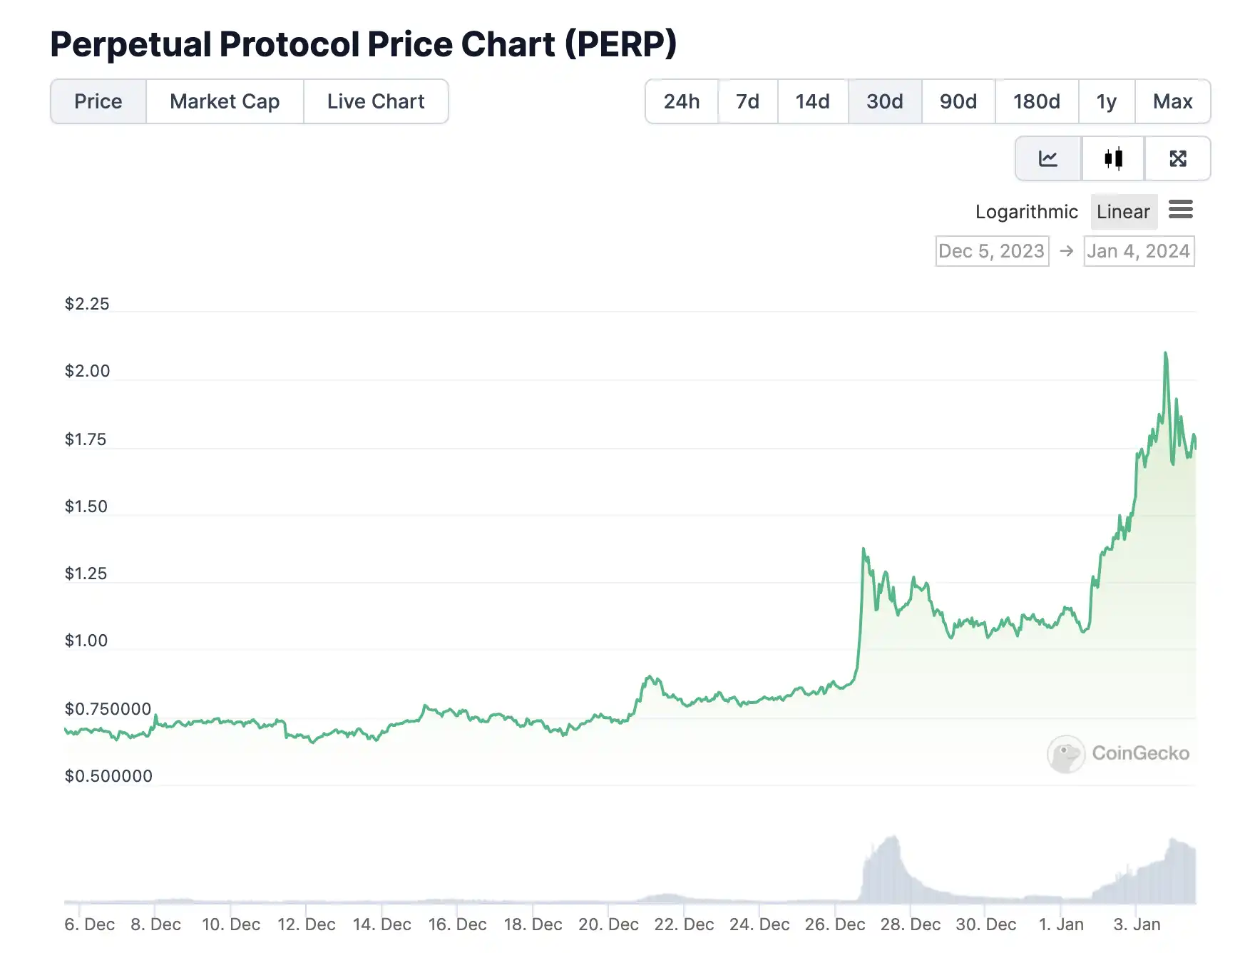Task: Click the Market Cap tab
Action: (x=225, y=101)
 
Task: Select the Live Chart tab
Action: (x=376, y=101)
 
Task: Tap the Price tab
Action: (x=98, y=101)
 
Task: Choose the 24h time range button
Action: (x=682, y=101)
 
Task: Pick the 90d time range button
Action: (x=958, y=101)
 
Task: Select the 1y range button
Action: (x=1107, y=101)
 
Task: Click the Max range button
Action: (x=1172, y=101)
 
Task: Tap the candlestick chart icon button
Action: (x=1113, y=158)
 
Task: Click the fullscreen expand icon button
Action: (x=1178, y=158)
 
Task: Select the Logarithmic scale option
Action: (x=1026, y=212)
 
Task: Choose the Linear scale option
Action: (x=1123, y=212)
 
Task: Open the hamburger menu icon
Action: (x=1181, y=210)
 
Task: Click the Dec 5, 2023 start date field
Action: (x=992, y=251)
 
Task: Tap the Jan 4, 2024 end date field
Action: (x=1139, y=251)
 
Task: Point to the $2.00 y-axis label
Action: (x=88, y=371)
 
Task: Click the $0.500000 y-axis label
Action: (x=108, y=776)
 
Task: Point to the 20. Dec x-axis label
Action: (x=608, y=924)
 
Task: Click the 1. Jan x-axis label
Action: (x=1061, y=924)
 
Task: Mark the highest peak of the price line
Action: (x=1166, y=353)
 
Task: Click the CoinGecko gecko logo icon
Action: (x=1066, y=754)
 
